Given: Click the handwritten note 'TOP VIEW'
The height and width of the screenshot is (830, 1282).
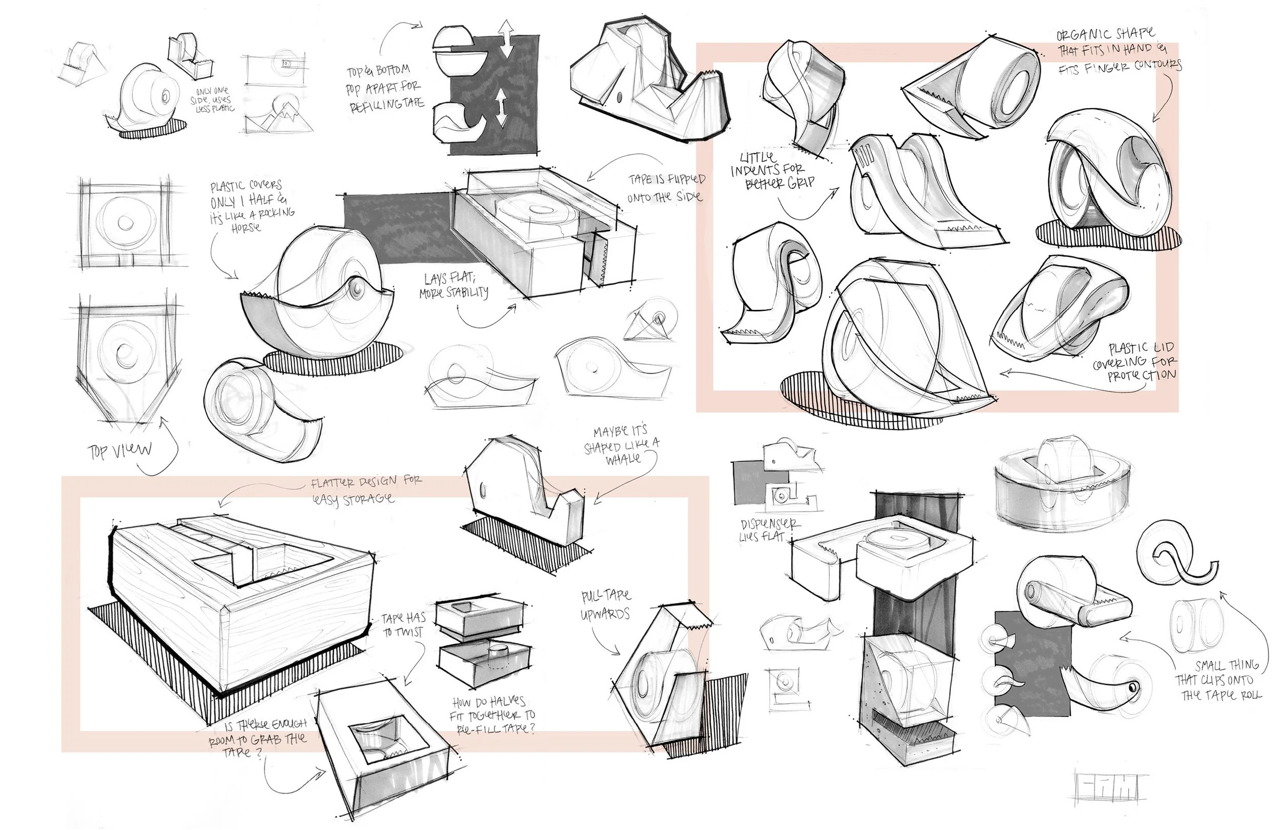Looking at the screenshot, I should (x=119, y=450).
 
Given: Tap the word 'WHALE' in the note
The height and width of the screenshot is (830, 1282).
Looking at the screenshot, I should (x=623, y=459).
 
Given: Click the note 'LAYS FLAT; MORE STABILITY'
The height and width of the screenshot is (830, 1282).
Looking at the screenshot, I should (x=456, y=286).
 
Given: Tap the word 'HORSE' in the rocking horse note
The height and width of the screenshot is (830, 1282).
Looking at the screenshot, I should (x=246, y=227).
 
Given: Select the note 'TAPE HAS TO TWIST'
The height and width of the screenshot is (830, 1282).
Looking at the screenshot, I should (x=404, y=625).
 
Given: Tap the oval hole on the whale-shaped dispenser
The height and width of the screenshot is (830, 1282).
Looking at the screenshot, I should (x=482, y=491).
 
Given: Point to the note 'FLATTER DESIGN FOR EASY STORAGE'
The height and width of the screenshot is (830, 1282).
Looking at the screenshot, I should (x=366, y=489).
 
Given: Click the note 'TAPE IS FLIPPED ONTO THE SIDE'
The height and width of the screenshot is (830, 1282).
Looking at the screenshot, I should (x=666, y=188).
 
